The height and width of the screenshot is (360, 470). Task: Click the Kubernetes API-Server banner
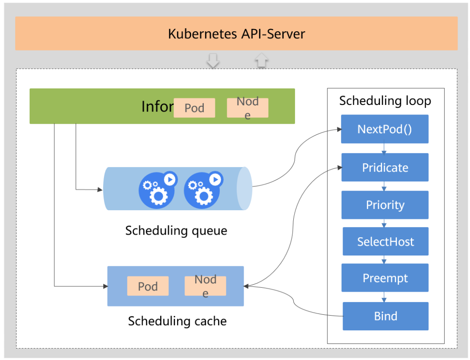point(236,34)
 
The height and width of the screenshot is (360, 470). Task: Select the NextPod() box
point(385,129)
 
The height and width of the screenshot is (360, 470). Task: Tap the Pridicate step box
point(385,167)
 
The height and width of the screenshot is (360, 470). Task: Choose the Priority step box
point(385,205)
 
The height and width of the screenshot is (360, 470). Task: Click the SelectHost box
point(385,242)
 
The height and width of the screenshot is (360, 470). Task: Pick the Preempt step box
point(385,278)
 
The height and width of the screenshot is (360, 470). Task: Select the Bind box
point(385,316)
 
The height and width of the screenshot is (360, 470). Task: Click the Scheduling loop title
point(385,101)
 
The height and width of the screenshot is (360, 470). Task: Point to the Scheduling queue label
point(176,230)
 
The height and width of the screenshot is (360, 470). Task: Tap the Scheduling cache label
point(177,321)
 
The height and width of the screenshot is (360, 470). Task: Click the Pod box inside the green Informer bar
point(194,108)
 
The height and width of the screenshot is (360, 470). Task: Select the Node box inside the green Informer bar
point(247,108)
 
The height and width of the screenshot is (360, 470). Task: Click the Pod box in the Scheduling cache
point(148,286)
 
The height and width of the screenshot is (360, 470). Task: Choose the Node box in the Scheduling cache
point(205,286)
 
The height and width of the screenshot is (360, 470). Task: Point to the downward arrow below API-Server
point(213,61)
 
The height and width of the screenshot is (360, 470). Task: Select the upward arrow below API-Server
point(261,60)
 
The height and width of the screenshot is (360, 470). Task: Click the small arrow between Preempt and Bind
point(384,299)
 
